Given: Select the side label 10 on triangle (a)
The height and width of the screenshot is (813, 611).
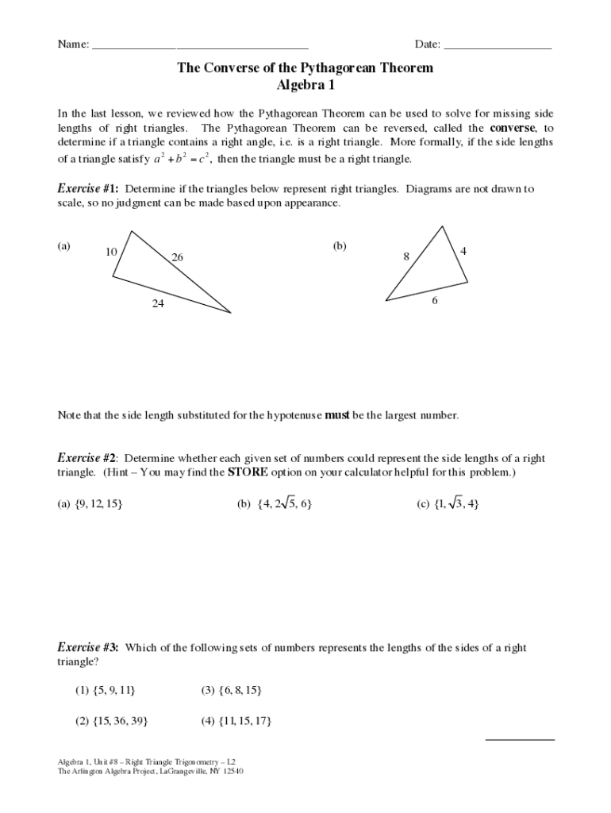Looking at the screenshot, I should (x=111, y=252).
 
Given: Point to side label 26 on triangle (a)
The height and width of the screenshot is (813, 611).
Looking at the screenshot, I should (x=177, y=257).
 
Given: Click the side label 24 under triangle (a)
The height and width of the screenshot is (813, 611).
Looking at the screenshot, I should (x=159, y=302).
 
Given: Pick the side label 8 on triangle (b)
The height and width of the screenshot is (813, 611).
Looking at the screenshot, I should (x=405, y=256).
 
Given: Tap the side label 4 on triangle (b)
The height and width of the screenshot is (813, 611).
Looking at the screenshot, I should (x=463, y=251).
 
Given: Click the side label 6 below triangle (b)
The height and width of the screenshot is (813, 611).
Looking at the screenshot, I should (x=435, y=302).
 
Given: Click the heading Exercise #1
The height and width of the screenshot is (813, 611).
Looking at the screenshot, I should (x=88, y=189).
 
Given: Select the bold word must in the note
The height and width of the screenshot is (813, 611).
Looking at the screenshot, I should (x=338, y=415).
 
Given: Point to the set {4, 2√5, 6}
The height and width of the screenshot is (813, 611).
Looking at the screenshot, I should (x=284, y=503).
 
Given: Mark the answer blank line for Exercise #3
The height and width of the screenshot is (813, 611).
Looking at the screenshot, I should (x=520, y=738).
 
